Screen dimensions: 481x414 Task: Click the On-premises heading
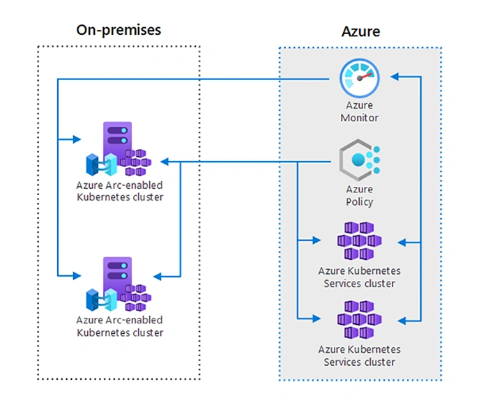pyautogui.click(x=119, y=30)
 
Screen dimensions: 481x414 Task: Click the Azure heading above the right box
pyautogui.click(x=361, y=31)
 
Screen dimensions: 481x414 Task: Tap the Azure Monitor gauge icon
pyautogui.click(x=360, y=78)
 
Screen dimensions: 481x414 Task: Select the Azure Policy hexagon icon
pyautogui.click(x=360, y=160)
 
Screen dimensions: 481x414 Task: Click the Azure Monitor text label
pyautogui.click(x=360, y=112)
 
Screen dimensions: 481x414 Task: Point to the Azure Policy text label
pyautogui.click(x=360, y=196)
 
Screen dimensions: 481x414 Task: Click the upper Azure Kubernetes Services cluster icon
pyautogui.click(x=360, y=241)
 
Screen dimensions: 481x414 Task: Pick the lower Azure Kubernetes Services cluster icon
pyautogui.click(x=360, y=320)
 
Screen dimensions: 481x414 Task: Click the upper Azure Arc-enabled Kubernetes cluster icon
pyautogui.click(x=119, y=149)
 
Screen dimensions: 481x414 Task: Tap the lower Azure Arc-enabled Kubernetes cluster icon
pyautogui.click(x=119, y=284)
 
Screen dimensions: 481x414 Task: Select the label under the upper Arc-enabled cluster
pyautogui.click(x=120, y=191)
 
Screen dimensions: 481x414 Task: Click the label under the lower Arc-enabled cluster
pyautogui.click(x=120, y=326)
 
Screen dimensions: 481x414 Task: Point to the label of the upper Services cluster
pyautogui.click(x=360, y=277)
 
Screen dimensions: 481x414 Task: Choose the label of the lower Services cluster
pyautogui.click(x=360, y=355)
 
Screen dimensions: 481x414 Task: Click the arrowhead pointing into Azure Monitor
pyautogui.click(x=394, y=77)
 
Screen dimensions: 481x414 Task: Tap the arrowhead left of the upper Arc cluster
pyautogui.click(x=77, y=139)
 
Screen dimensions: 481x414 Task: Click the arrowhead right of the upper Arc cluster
pyautogui.click(x=165, y=162)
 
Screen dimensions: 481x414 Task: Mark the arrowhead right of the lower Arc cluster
pyautogui.click(x=158, y=277)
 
